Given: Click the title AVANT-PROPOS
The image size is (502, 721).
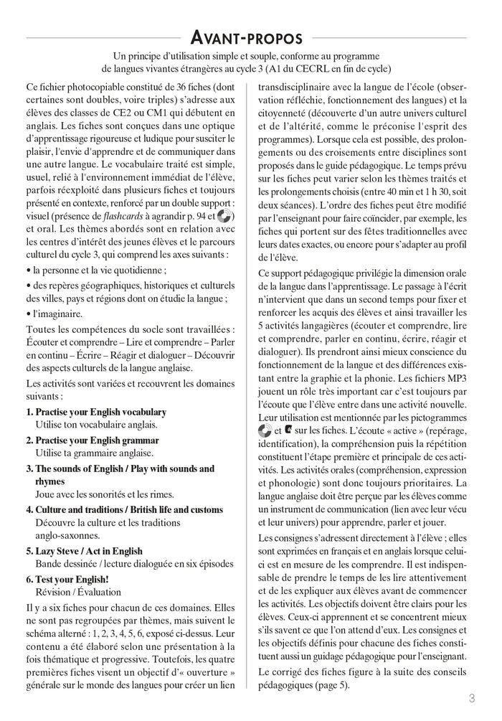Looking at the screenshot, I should coord(251,37).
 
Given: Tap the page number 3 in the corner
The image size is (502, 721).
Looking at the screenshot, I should coord(472,697).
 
